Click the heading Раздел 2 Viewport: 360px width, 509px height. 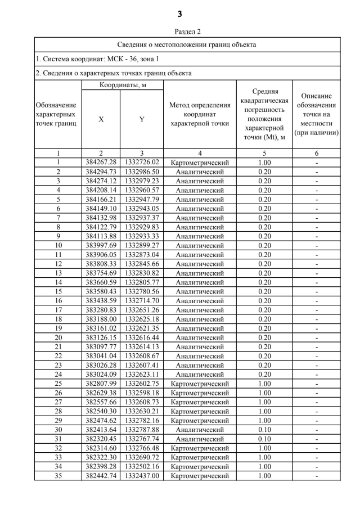[x=179, y=31]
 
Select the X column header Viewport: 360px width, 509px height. [x=101, y=119]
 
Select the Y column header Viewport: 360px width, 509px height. [x=142, y=119]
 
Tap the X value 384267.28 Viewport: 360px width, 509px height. [x=101, y=163]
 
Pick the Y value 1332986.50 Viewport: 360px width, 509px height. [x=142, y=172]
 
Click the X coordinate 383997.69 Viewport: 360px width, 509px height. [x=101, y=245]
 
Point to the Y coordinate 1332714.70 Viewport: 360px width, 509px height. [x=142, y=300]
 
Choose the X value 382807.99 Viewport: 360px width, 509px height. [x=101, y=383]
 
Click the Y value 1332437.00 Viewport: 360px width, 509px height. [x=142, y=476]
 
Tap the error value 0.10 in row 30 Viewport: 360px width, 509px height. [x=264, y=429]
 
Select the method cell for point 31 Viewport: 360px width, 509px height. [x=200, y=439]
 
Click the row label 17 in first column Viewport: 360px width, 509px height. [x=58, y=309]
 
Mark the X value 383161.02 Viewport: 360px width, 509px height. [x=101, y=328]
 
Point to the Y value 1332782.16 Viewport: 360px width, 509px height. [x=142, y=420]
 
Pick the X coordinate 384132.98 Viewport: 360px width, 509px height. [x=101, y=218]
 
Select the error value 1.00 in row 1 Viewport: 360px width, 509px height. [x=264, y=163]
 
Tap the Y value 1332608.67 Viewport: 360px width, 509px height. [x=142, y=355]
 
